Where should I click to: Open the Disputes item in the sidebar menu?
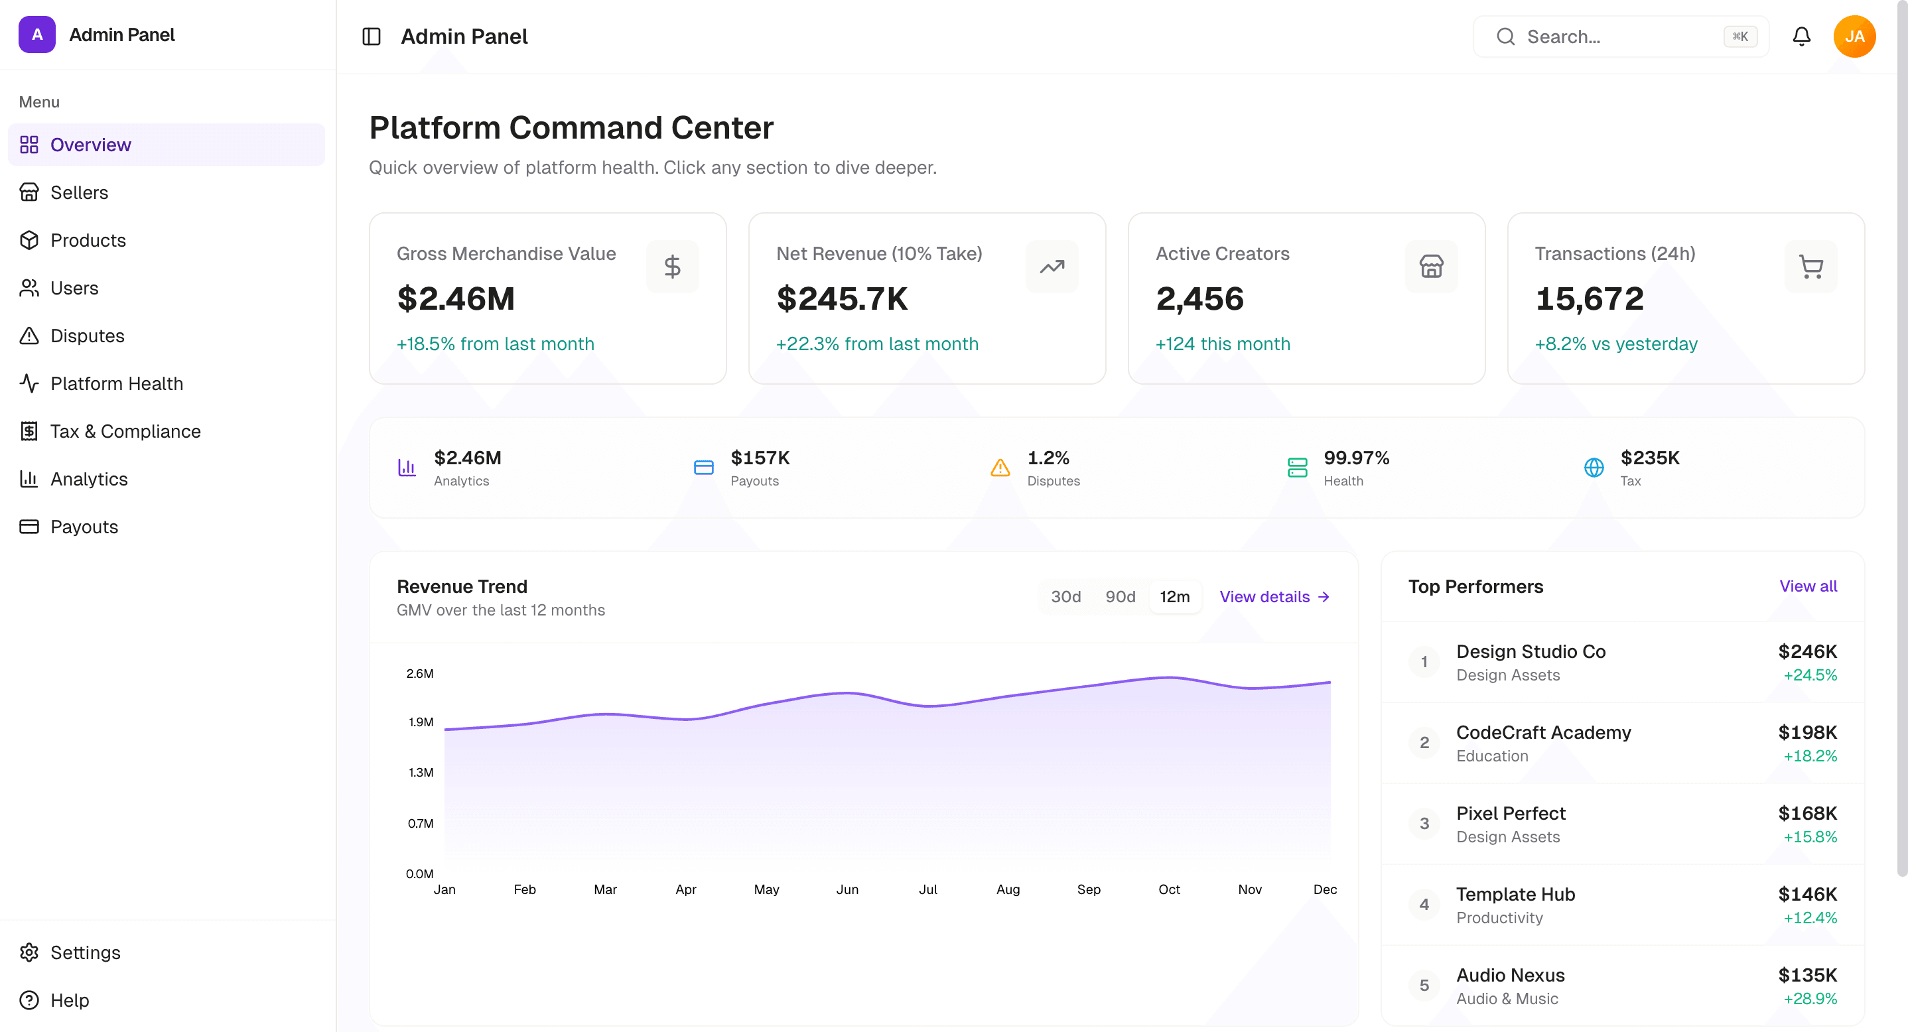click(87, 336)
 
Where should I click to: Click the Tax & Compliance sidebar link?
click(125, 432)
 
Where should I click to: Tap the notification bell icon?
click(1801, 36)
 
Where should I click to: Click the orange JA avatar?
click(1854, 36)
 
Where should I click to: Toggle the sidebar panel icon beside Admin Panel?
click(371, 36)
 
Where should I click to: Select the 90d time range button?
click(1120, 597)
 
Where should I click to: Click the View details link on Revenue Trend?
click(1274, 597)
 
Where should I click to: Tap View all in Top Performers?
click(1807, 586)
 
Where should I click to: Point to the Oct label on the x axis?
click(1169, 890)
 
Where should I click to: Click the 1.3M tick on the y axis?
click(421, 773)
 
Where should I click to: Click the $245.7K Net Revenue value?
click(841, 299)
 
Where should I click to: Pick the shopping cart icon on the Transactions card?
click(1810, 267)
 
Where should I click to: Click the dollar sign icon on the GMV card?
click(672, 267)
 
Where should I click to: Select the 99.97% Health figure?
click(1356, 458)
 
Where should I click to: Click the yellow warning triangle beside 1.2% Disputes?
click(1000, 468)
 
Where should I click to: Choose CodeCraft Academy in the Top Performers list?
click(1543, 733)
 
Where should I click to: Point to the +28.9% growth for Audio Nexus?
click(1810, 999)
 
